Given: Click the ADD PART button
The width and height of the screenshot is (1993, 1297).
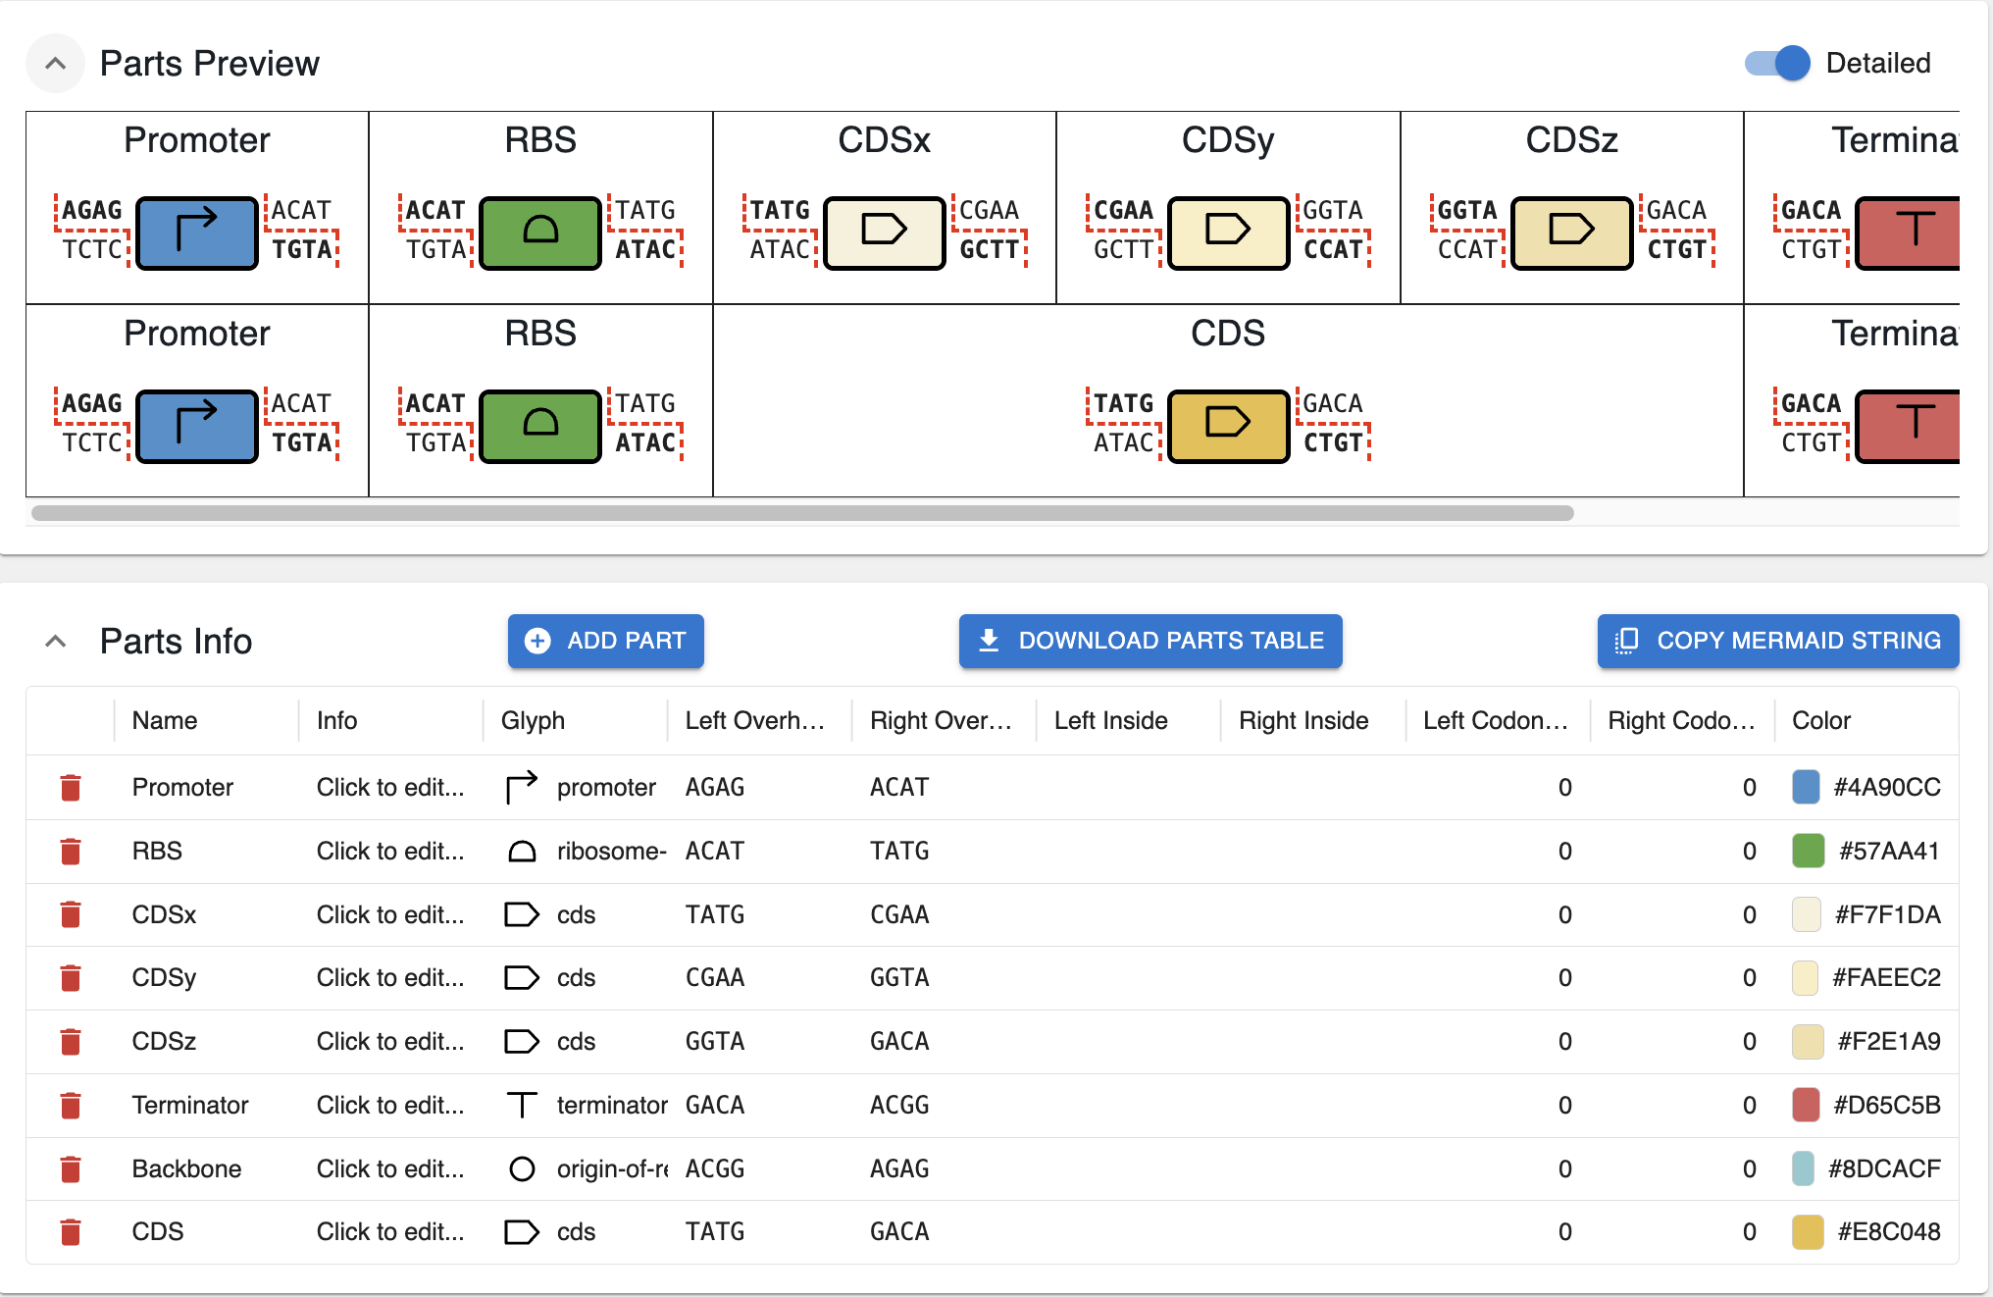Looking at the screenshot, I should tap(605, 641).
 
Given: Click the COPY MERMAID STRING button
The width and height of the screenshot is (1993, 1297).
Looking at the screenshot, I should tap(1777, 641).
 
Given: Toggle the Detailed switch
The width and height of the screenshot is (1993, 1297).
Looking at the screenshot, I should tap(1778, 64).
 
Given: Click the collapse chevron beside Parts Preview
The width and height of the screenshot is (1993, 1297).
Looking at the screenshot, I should tap(56, 64).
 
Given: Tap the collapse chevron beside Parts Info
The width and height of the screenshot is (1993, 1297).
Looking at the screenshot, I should tap(56, 642).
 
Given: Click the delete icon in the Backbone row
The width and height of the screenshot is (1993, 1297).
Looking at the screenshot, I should tap(71, 1168).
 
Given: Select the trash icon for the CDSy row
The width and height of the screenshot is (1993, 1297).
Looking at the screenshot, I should tap(71, 978).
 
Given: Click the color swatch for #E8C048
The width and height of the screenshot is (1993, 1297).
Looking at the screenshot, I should tap(1807, 1232).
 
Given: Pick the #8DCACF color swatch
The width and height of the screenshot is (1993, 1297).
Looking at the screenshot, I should tap(1803, 1168).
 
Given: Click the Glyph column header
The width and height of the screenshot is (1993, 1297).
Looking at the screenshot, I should tap(533, 720).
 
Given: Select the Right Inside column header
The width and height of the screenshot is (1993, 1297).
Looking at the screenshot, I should tap(1303, 720).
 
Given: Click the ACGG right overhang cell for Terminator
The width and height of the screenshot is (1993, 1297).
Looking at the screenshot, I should tap(899, 1105).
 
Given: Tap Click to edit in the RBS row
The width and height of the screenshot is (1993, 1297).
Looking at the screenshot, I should tap(389, 851).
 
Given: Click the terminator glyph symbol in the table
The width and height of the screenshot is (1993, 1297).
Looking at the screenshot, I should tap(522, 1105).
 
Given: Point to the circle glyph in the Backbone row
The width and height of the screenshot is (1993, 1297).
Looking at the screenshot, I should tap(522, 1168).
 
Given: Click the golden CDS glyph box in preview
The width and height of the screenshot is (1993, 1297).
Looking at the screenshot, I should tap(1228, 425).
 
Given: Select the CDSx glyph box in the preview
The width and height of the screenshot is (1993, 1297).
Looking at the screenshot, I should tap(884, 233).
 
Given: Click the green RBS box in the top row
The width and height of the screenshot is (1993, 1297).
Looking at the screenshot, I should tap(540, 233).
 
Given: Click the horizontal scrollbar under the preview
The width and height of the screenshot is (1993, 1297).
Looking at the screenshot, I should tap(802, 513).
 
